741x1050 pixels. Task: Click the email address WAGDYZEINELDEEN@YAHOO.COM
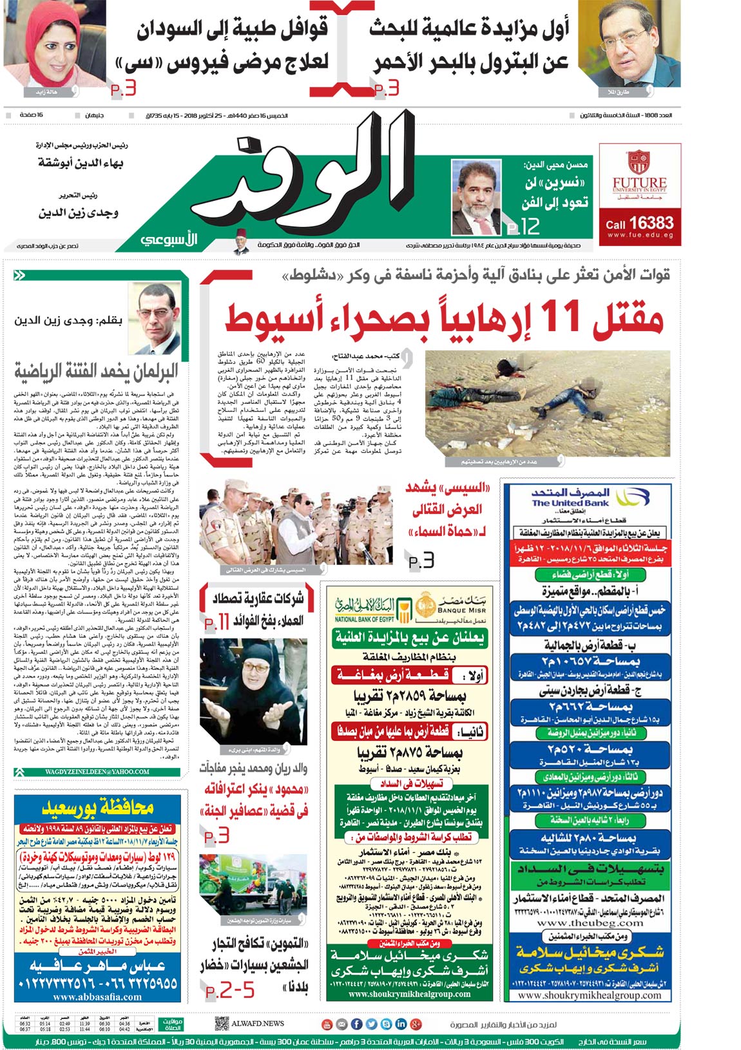coord(97,772)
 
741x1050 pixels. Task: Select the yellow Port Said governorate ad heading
coord(97,807)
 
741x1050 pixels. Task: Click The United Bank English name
coord(570,503)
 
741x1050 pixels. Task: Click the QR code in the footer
coord(221,1023)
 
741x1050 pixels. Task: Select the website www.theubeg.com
coord(588,923)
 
